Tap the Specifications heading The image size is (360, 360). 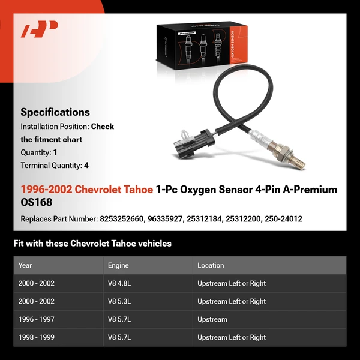tap(55, 112)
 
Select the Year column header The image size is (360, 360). tap(25, 265)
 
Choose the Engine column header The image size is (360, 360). tap(118, 265)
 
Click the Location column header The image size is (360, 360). tap(211, 265)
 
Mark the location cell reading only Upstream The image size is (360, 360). tap(212, 319)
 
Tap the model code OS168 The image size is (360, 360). tap(37, 203)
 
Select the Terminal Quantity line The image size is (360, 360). tap(55, 166)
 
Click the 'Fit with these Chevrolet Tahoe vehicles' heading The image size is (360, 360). tap(92, 244)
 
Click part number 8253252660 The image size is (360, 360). tap(122, 219)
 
